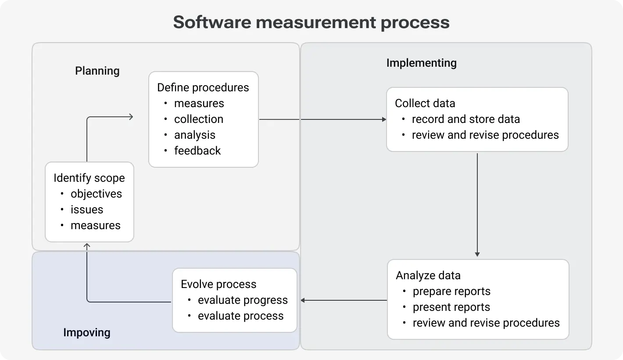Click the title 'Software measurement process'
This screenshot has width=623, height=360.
311,22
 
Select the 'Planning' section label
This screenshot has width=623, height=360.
97,71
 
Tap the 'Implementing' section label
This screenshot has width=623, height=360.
421,63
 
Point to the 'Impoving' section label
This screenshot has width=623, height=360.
87,332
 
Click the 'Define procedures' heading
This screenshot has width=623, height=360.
203,87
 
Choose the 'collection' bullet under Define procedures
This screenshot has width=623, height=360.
198,119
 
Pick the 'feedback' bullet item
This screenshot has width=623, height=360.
197,151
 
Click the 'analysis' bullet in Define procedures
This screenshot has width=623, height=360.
194,135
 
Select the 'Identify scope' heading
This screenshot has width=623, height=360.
89,178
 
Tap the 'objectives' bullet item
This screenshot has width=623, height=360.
96,194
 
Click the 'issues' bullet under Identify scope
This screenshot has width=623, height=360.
87,209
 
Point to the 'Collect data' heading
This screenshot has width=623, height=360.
425,103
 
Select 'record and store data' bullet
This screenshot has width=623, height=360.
465,119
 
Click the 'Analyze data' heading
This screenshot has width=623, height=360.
428,275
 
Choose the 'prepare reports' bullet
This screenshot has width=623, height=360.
451,291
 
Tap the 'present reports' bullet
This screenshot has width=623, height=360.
451,307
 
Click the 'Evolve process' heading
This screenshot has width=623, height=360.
218,284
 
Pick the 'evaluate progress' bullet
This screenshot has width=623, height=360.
243,300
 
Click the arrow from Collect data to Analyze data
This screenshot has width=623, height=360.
477,204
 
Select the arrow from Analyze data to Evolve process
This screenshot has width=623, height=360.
344,300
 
